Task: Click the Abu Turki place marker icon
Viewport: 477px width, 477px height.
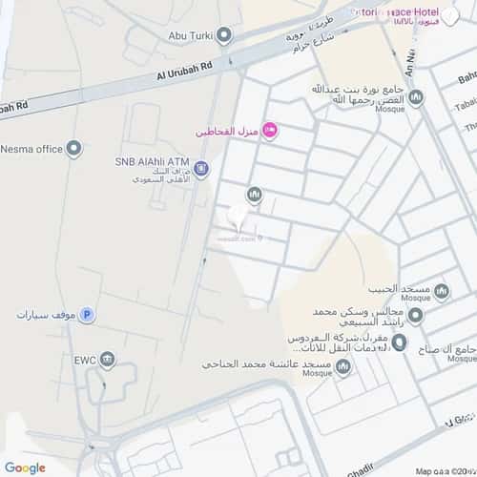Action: [224, 37]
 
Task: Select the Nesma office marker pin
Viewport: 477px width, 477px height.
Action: [74, 148]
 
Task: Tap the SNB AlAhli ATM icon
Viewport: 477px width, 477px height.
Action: [201, 170]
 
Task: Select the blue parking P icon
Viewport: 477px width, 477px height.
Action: [87, 314]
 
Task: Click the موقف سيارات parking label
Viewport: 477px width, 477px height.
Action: [45, 314]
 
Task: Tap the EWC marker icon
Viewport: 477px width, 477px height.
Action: [108, 361]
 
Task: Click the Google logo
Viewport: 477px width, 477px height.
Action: [25, 467]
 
